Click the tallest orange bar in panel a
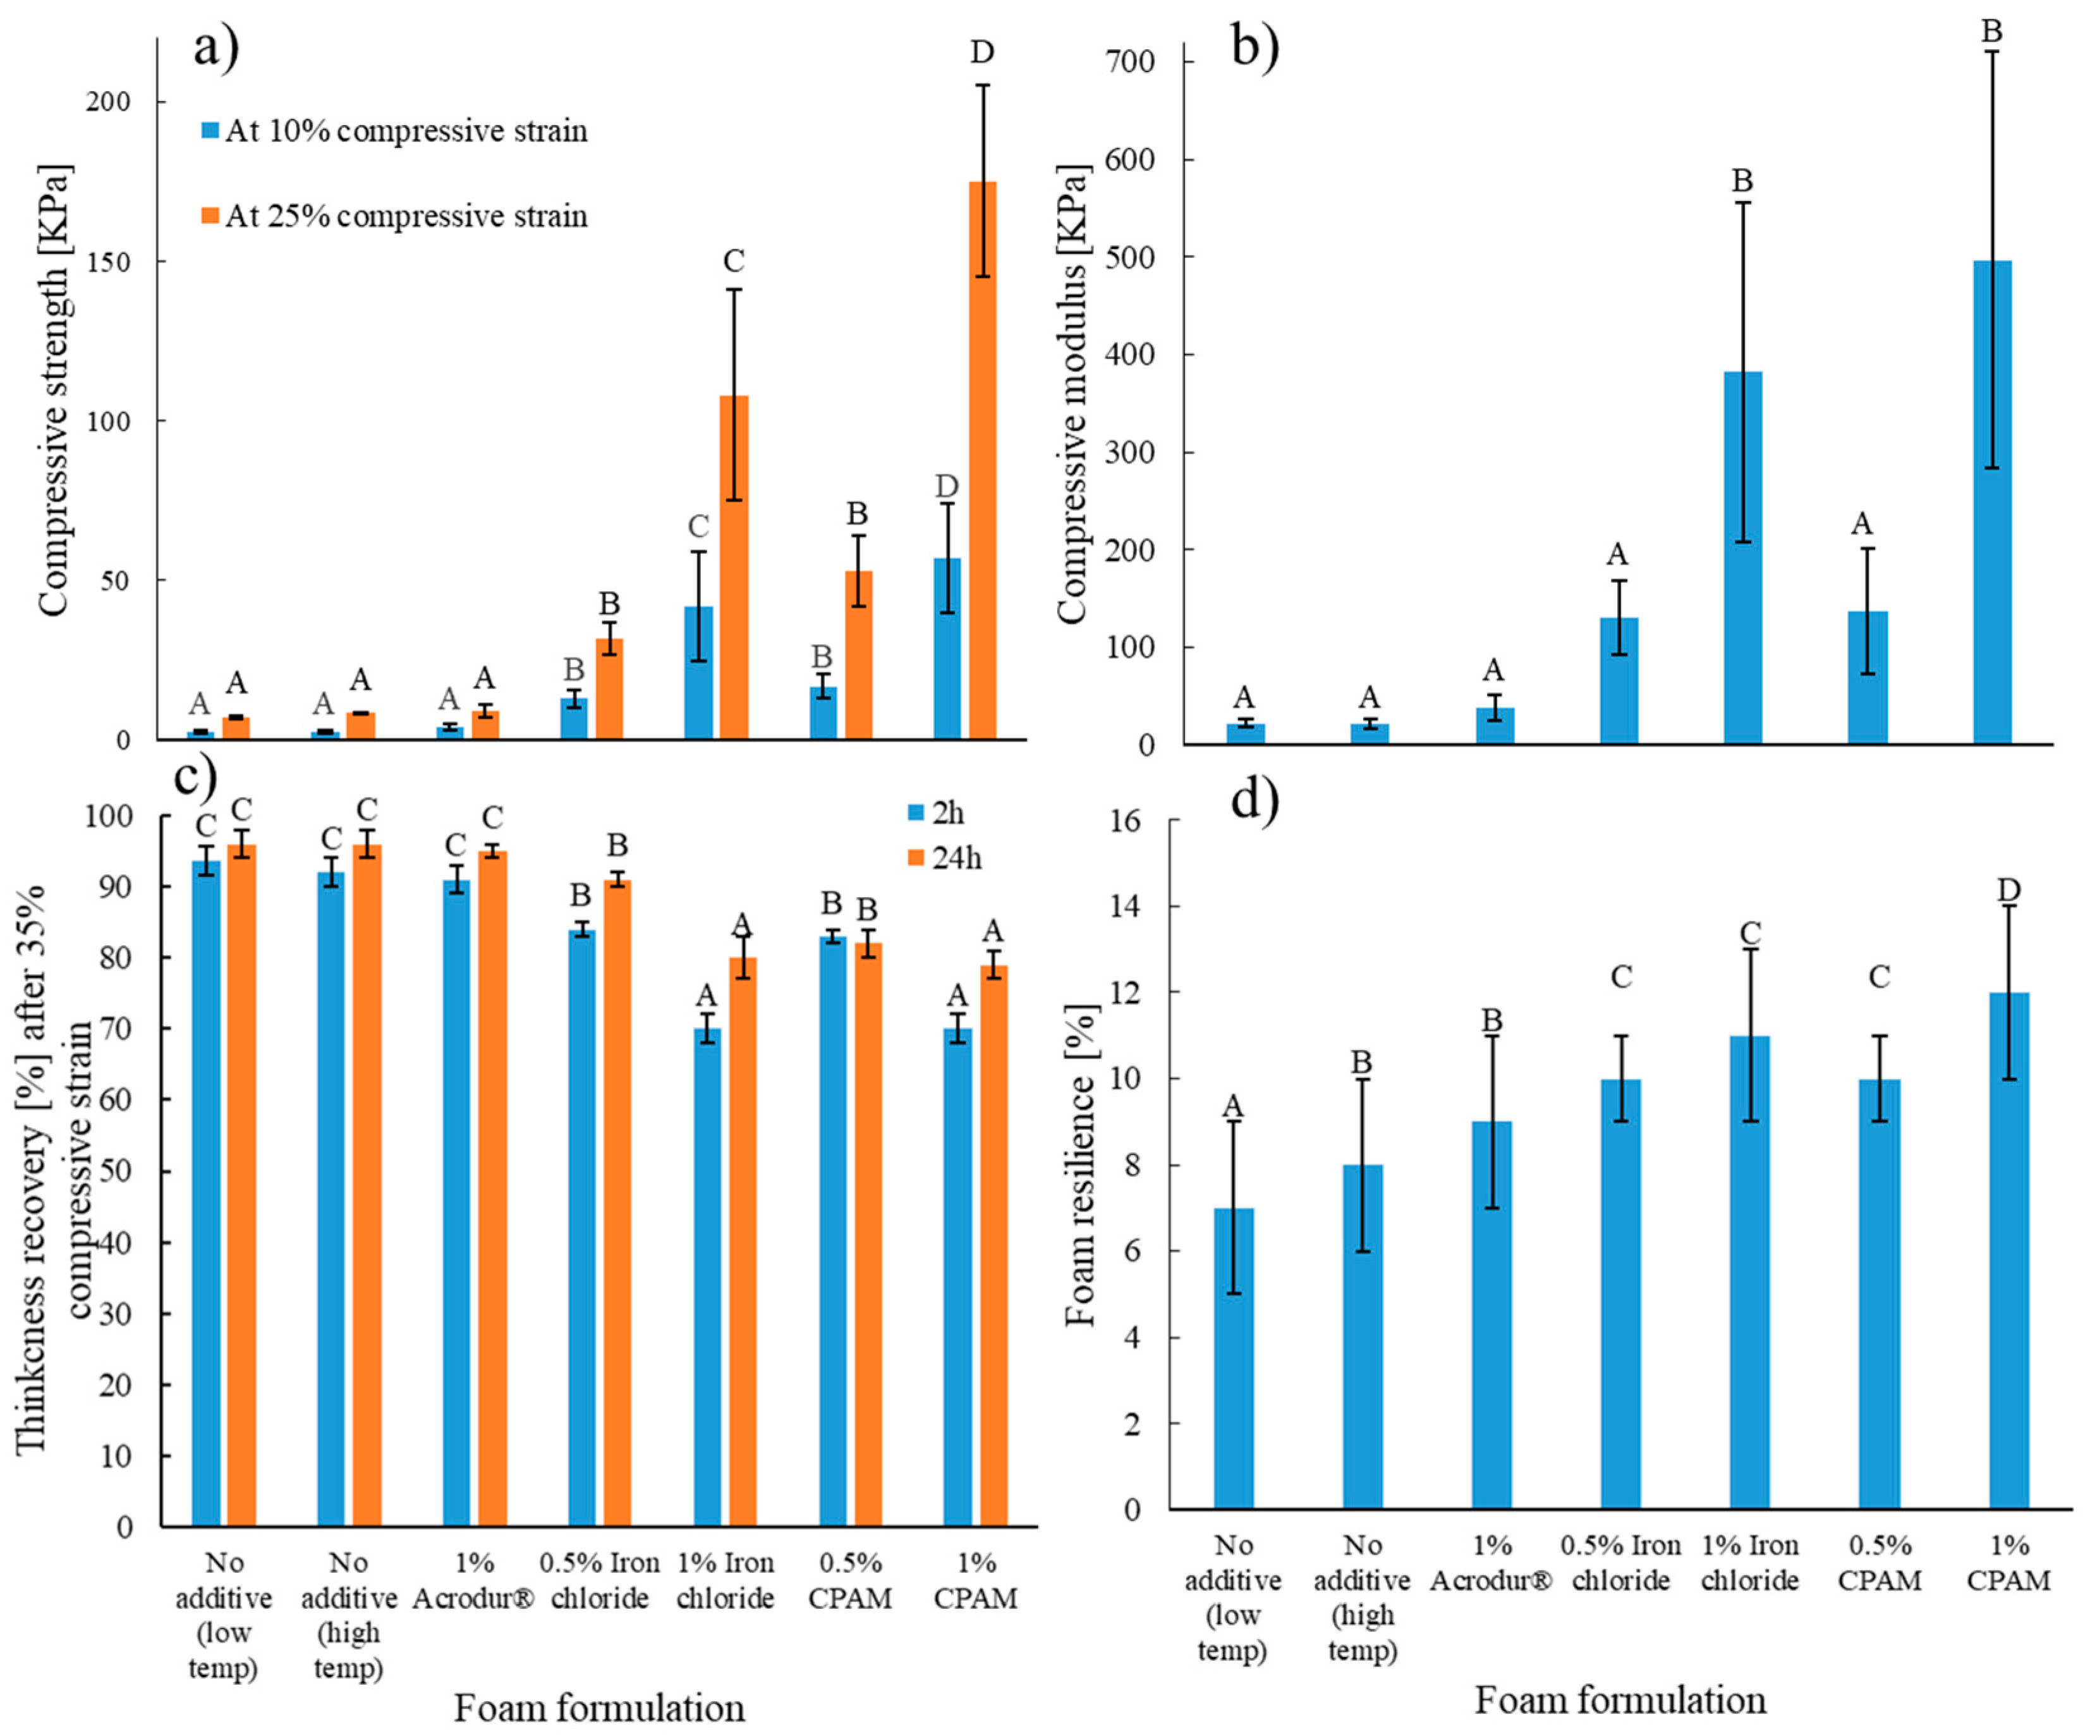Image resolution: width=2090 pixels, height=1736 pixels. point(982,458)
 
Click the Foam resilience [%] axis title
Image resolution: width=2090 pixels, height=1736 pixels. point(1080,1164)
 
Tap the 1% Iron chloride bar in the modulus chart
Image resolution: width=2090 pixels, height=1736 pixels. point(1742,558)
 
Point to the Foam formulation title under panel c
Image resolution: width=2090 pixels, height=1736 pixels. point(599,1708)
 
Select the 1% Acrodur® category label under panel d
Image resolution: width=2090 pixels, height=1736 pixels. point(1491,1563)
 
